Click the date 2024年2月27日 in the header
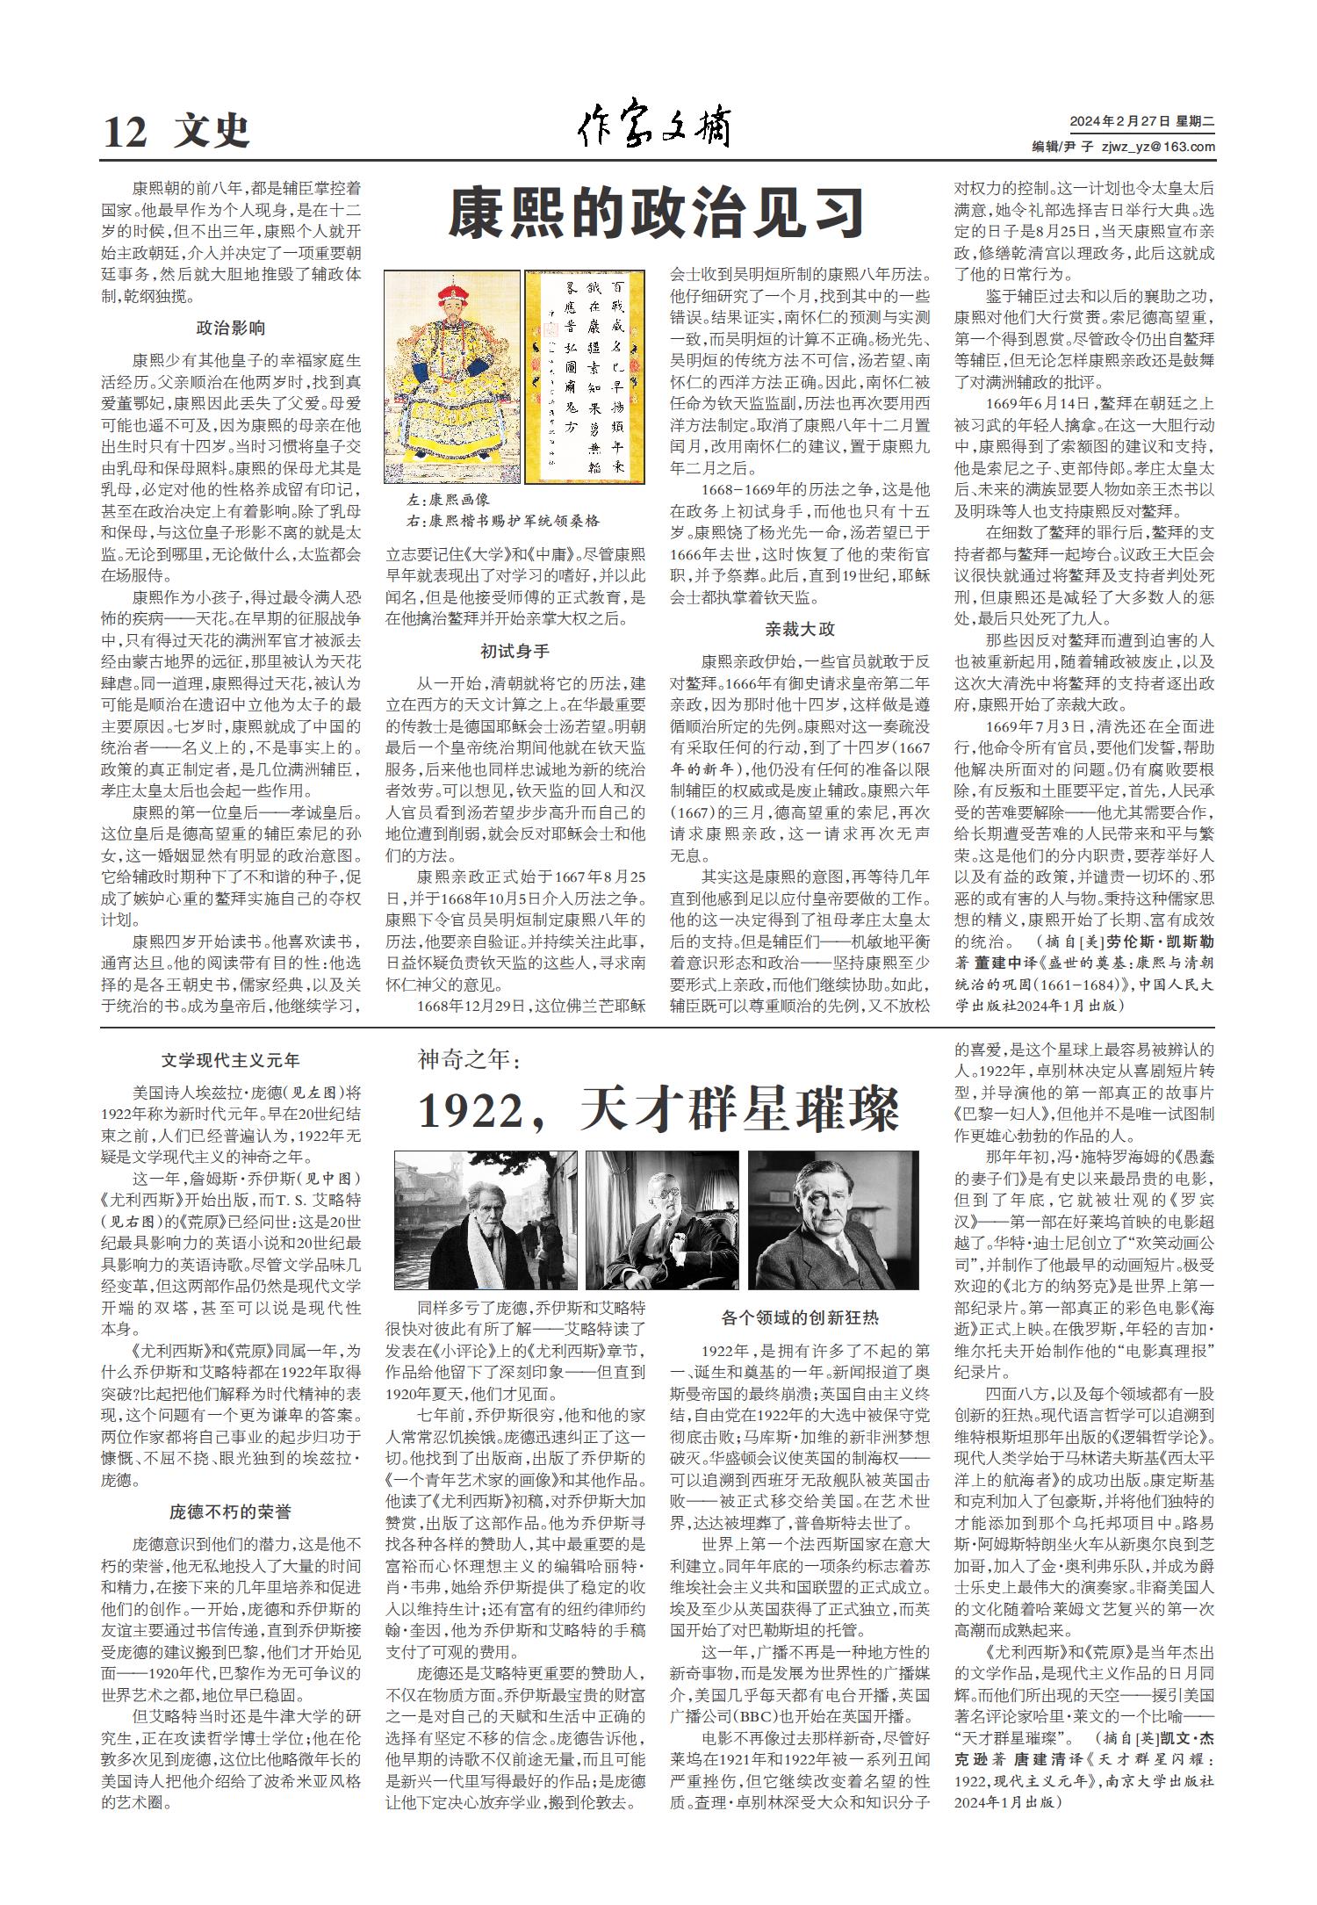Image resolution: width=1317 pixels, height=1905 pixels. [1112, 122]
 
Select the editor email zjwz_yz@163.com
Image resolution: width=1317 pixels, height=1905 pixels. [1158, 148]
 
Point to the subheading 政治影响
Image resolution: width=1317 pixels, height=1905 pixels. [230, 328]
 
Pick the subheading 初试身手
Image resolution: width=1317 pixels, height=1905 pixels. [515, 652]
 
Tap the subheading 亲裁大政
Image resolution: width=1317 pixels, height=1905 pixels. [799, 630]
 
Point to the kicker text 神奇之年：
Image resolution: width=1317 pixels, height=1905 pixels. [470, 1060]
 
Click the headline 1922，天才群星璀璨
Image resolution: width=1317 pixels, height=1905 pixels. [658, 1110]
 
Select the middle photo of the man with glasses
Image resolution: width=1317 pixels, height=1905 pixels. [661, 1220]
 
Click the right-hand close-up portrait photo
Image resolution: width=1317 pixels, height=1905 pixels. [833, 1220]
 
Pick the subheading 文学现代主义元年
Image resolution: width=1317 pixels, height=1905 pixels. [230, 1061]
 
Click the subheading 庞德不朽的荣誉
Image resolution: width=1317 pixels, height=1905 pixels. [230, 1512]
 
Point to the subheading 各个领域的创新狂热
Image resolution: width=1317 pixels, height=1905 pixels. [799, 1317]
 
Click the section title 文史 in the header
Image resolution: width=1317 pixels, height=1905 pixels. [212, 133]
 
